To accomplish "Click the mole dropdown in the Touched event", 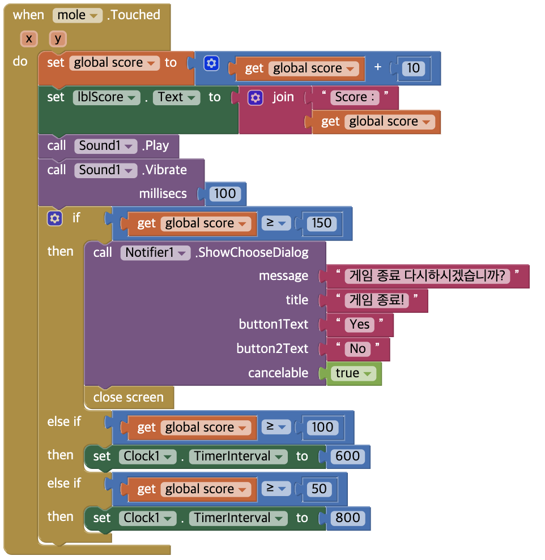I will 78,15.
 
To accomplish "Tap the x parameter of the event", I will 28,39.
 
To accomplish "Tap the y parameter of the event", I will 58,39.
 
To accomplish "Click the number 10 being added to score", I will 414,68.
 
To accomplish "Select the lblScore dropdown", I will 106,97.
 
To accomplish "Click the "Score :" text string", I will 355,97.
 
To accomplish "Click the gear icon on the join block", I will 256,98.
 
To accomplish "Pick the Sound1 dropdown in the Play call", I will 106,146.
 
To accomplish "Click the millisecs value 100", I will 225,194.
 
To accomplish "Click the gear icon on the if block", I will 55,218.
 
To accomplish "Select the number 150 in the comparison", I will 321,223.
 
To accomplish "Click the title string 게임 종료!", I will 377,300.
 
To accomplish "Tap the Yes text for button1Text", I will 360,325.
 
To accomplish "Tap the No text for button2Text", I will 358,349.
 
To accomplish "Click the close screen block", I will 129,398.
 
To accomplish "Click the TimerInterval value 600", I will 348,456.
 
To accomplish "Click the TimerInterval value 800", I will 348,518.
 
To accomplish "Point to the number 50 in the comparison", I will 319,489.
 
